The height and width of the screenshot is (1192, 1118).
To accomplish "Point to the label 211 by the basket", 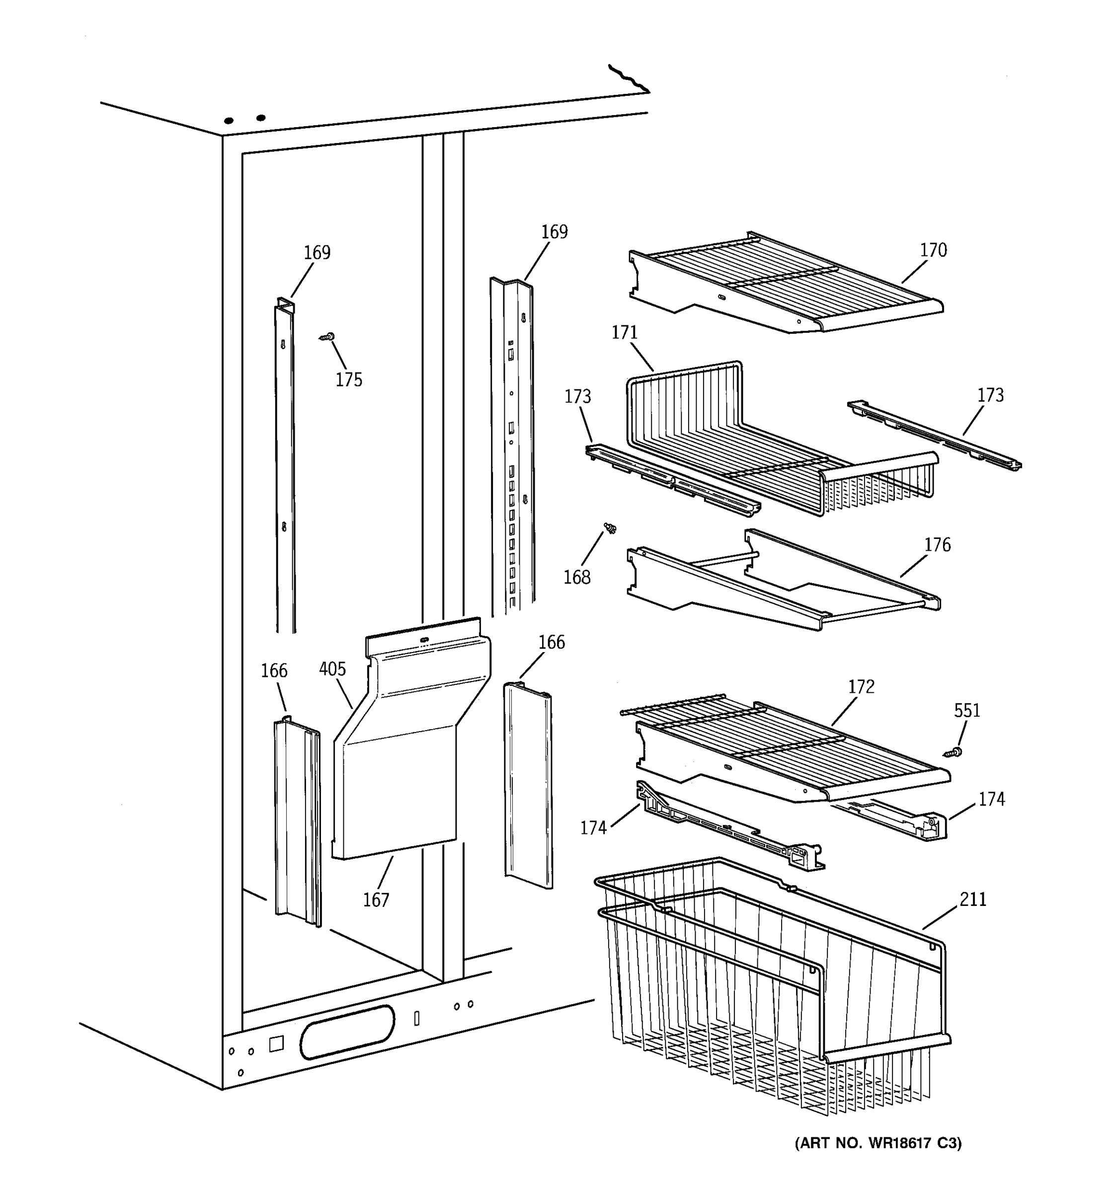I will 972,899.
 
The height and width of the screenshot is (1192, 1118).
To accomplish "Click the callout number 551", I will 966,711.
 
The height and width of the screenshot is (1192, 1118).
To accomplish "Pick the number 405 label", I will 332,669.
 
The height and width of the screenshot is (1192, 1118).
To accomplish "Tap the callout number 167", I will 376,900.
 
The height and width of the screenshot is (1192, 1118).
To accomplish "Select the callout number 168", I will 576,578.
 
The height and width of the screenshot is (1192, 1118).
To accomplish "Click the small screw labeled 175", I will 327,338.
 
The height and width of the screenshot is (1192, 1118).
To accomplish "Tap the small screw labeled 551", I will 953,752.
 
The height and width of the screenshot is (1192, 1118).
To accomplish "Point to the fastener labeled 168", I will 611,527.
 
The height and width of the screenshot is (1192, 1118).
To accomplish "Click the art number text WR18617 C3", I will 878,1143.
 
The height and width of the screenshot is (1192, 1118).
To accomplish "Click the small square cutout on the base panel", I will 276,1044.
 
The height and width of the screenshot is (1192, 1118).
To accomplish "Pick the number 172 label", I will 861,687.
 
